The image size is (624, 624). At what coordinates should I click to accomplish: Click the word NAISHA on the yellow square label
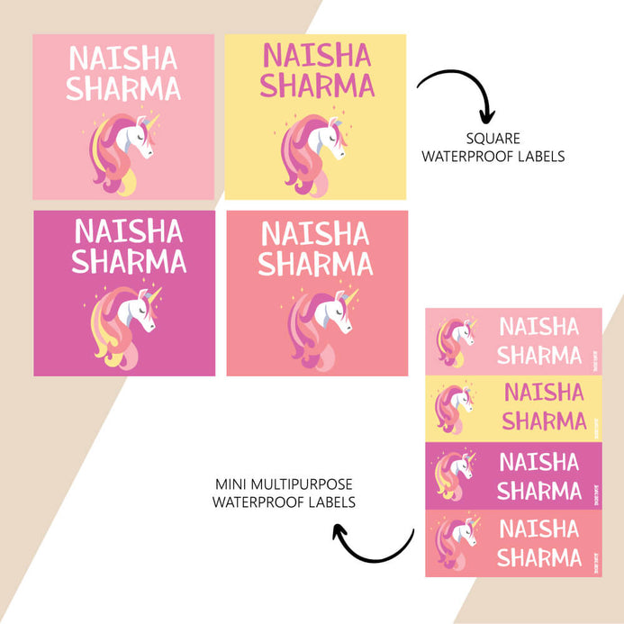(x=315, y=56)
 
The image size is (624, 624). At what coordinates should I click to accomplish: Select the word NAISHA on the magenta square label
(x=129, y=231)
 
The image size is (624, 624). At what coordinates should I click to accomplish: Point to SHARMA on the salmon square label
(x=315, y=263)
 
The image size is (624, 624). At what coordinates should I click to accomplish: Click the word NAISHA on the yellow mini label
(x=544, y=393)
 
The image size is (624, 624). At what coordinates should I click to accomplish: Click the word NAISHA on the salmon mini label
(x=539, y=529)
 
